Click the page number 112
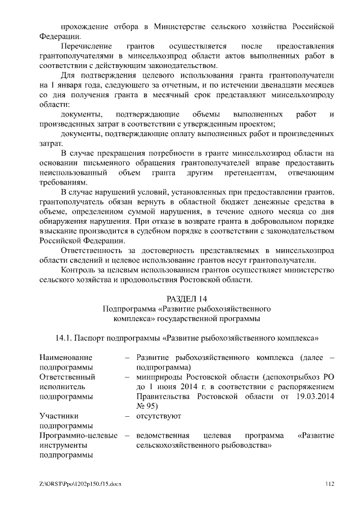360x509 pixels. point(330,484)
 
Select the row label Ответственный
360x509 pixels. point(67,377)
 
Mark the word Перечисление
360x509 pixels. point(86,46)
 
